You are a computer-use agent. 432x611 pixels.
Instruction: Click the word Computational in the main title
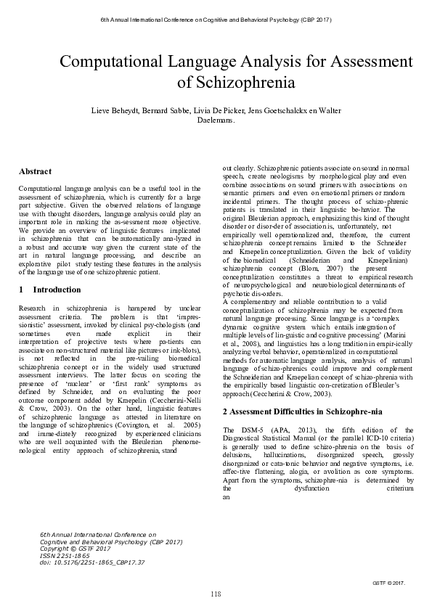(x=110, y=62)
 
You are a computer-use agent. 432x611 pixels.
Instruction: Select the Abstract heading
(x=35, y=172)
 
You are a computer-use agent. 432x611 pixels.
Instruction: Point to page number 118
(x=216, y=594)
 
